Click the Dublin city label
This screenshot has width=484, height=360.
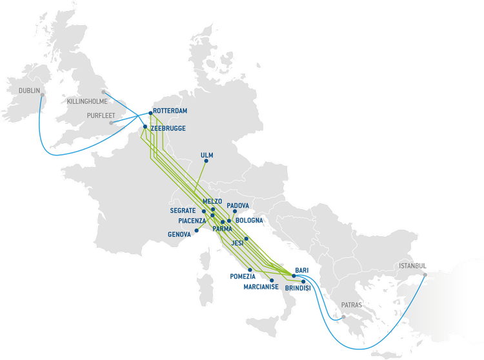click(x=29, y=91)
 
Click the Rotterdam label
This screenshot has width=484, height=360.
click(x=172, y=111)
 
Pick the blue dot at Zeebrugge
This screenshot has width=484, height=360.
click(x=145, y=127)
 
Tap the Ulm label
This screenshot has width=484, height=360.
click(x=207, y=155)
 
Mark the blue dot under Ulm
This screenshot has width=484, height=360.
click(x=206, y=163)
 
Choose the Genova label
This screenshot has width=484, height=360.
click(x=180, y=234)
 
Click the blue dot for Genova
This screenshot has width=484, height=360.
click(x=196, y=230)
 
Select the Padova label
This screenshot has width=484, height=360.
click(x=238, y=205)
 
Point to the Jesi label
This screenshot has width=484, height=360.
click(x=237, y=244)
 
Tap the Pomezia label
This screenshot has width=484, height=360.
click(x=243, y=276)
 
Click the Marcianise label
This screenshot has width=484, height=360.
click(x=261, y=286)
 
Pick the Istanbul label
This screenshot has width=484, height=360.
click(x=412, y=266)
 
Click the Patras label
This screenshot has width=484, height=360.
click(x=352, y=304)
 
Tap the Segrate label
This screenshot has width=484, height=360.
click(x=183, y=210)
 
